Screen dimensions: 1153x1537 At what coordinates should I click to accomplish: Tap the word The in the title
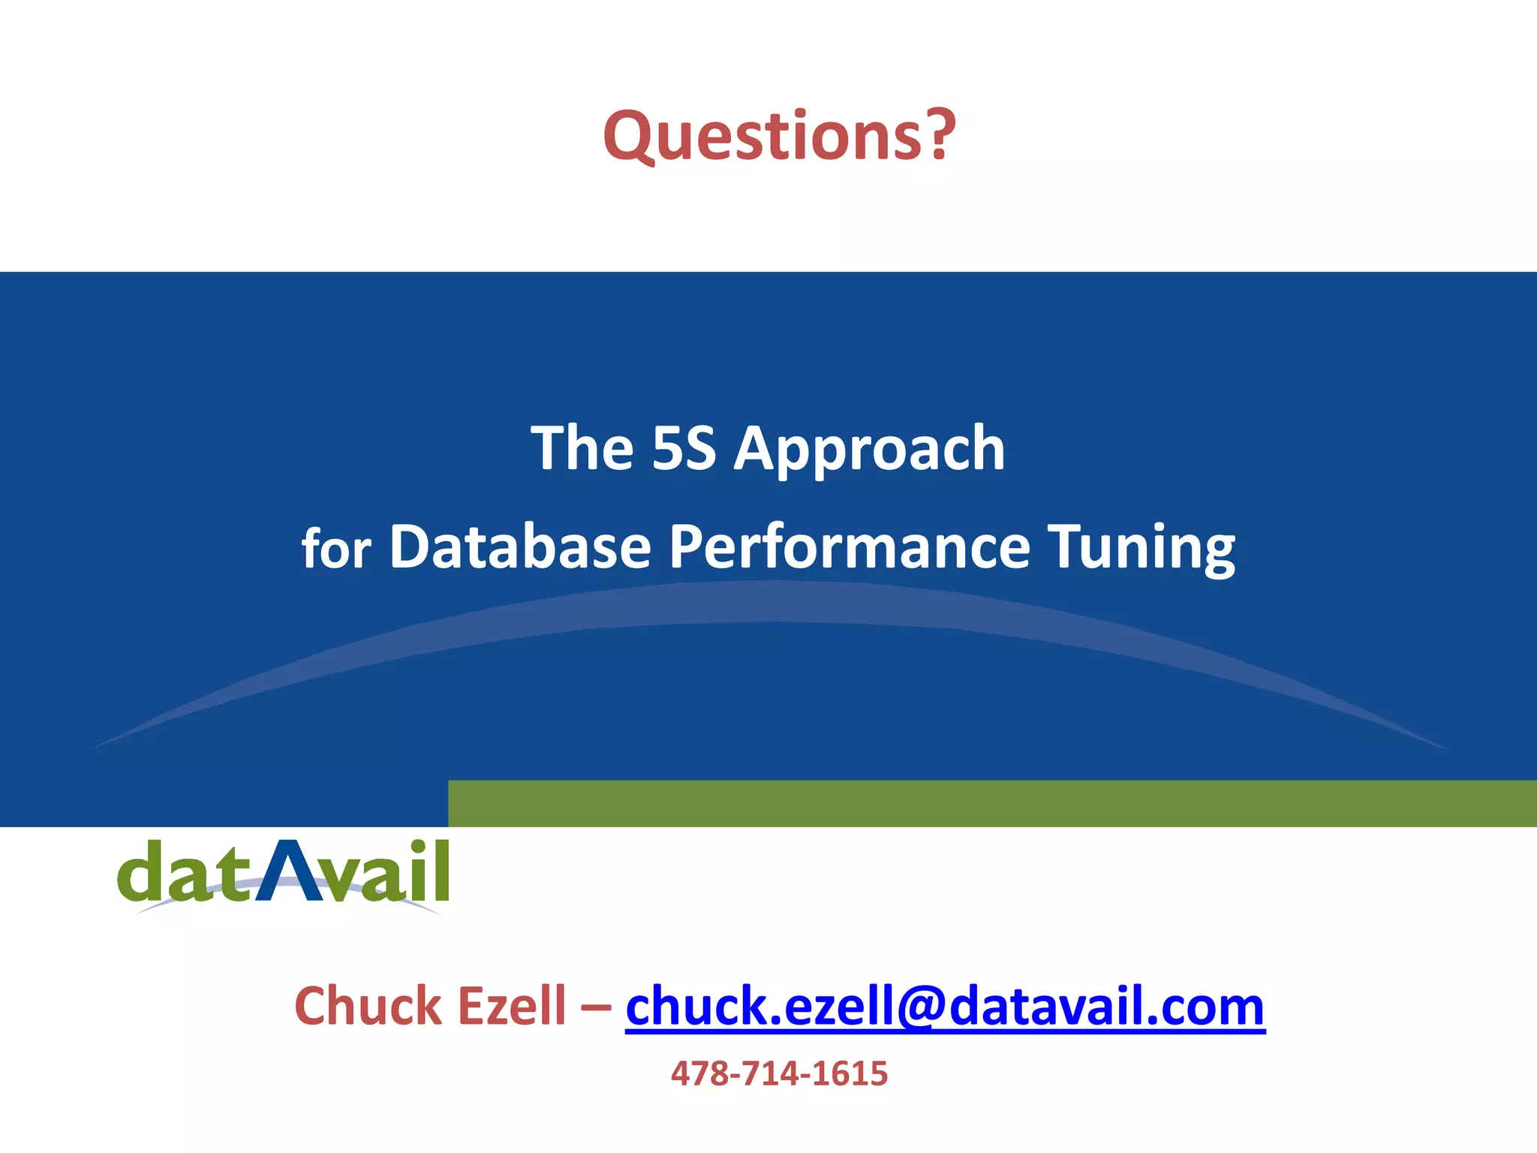click(x=582, y=449)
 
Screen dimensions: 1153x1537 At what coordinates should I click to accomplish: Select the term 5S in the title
click(x=684, y=449)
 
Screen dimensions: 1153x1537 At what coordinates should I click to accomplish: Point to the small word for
click(x=335, y=550)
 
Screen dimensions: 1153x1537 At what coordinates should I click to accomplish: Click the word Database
click(x=519, y=547)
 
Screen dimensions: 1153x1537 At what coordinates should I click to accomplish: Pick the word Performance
click(x=850, y=547)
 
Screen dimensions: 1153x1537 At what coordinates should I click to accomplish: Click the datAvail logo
click(x=284, y=875)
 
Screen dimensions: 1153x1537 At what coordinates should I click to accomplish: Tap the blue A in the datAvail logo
click(x=288, y=871)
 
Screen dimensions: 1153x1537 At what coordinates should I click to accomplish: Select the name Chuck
click(x=368, y=1007)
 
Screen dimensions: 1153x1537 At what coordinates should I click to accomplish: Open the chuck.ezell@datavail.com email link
click(x=945, y=1008)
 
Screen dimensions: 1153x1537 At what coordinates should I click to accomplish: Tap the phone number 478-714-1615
click(x=779, y=1074)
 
